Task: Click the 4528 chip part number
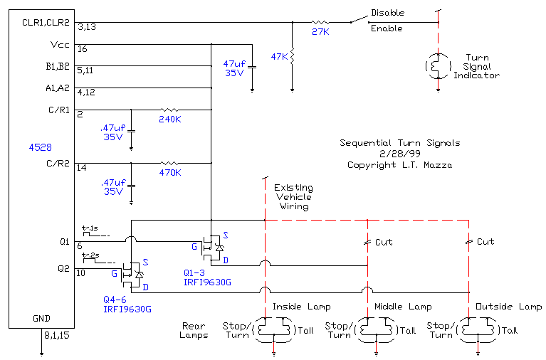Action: pos(37,148)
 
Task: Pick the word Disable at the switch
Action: pos(387,13)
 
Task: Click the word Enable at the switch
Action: pos(387,28)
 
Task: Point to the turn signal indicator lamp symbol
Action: pos(438,65)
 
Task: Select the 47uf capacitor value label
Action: pos(234,63)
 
